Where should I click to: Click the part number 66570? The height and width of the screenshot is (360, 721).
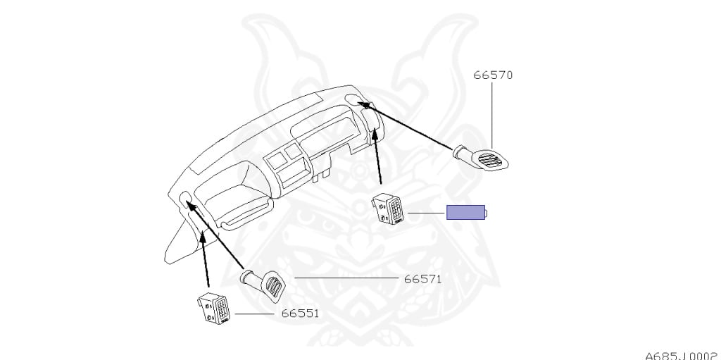pos(493,75)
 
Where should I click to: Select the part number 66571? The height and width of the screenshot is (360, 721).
pos(422,279)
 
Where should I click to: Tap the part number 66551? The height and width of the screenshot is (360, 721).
pos(300,313)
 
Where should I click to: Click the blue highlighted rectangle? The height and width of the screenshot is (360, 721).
pos(465,212)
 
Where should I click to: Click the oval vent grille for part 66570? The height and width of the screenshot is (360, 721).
pos(491,161)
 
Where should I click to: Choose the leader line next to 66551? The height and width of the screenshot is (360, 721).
pos(253,313)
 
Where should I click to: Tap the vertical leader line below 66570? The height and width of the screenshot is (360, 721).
pos(491,113)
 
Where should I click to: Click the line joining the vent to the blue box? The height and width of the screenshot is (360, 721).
pos(426,212)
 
